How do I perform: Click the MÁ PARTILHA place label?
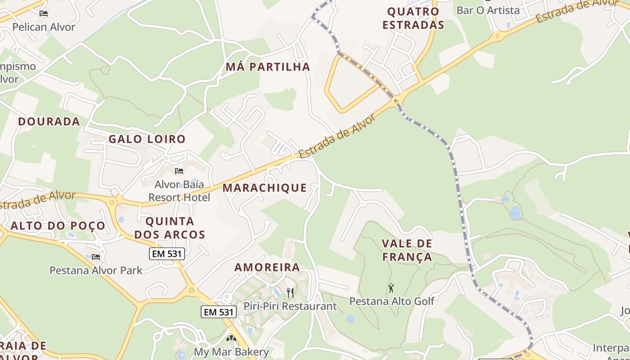click(x=268, y=67)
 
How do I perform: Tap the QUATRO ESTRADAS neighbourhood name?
click(x=413, y=18)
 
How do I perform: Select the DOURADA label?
click(x=49, y=121)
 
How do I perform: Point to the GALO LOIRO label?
click(x=147, y=139)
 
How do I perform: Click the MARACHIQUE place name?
click(x=265, y=188)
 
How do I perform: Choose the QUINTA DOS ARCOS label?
click(x=170, y=228)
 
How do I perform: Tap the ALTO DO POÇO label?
click(x=58, y=226)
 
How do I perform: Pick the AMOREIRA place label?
click(x=267, y=267)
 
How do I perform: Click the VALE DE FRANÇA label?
click(x=407, y=250)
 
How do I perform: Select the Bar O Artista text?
click(x=488, y=10)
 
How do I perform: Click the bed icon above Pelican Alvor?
click(x=44, y=13)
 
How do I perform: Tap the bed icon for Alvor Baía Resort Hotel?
click(x=179, y=171)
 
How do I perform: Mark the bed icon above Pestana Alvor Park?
click(x=96, y=257)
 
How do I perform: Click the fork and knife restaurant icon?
click(x=290, y=293)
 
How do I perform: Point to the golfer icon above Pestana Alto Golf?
click(x=391, y=288)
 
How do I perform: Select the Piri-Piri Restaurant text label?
click(x=290, y=306)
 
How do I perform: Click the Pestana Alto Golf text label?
click(x=391, y=301)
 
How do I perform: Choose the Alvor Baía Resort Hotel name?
click(x=179, y=191)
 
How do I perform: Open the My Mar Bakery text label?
click(x=231, y=352)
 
